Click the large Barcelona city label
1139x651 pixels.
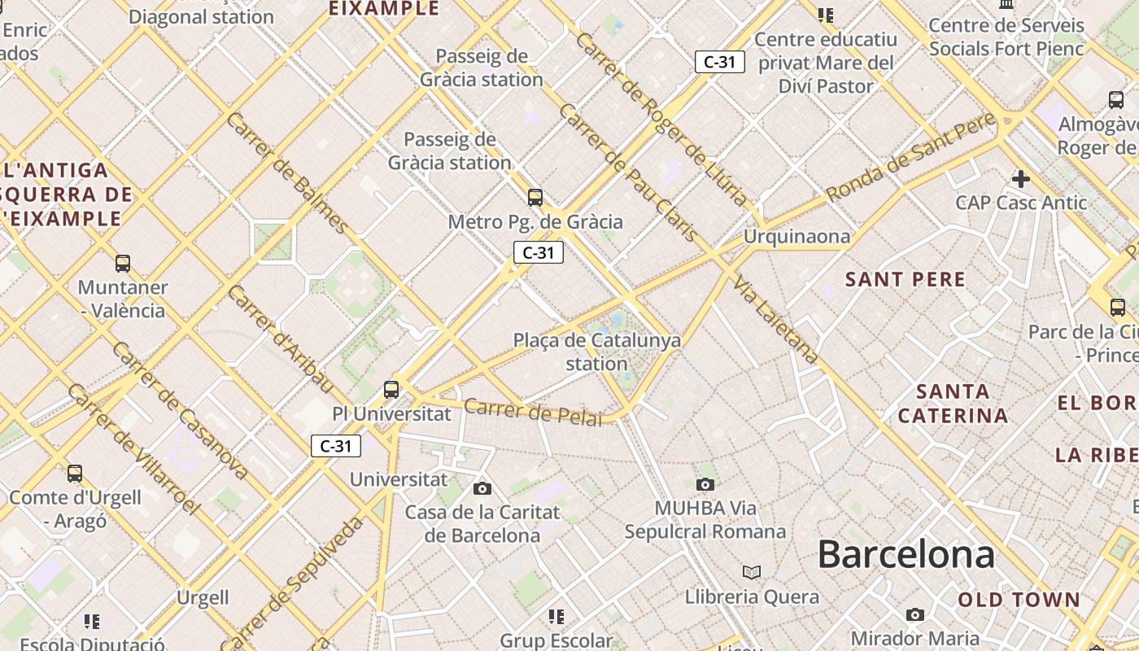pyautogui.click(x=906, y=555)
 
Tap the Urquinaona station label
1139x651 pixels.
pyautogui.click(x=796, y=237)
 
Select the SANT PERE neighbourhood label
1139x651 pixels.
pyautogui.click(x=905, y=280)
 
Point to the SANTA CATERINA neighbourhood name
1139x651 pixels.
pyautogui.click(x=953, y=404)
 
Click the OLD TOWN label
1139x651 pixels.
pyautogui.click(x=1019, y=601)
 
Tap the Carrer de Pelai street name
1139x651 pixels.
pyautogui.click(x=533, y=412)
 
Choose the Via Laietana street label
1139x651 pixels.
pyautogui.click(x=775, y=320)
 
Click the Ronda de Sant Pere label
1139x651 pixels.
pyautogui.click(x=910, y=158)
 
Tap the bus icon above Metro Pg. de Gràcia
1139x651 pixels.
pyautogui.click(x=535, y=197)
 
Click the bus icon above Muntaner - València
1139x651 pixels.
pyautogui.click(x=123, y=263)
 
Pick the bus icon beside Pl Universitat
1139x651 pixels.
pyautogui.click(x=391, y=389)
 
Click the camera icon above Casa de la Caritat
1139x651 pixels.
pyautogui.click(x=482, y=488)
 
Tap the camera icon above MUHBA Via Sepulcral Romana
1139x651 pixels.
pyautogui.click(x=705, y=484)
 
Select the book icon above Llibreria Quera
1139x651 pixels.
pyautogui.click(x=752, y=572)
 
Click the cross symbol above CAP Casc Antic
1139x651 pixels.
pyautogui.click(x=1020, y=178)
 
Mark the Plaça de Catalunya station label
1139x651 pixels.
pyautogui.click(x=597, y=352)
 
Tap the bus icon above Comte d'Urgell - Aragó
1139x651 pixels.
pyautogui.click(x=75, y=473)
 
